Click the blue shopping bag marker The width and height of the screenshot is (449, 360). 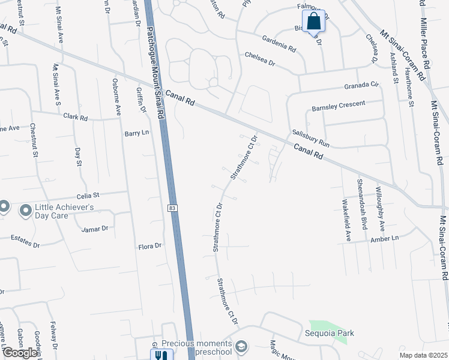(314, 22)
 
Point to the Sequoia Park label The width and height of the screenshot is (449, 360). (328, 333)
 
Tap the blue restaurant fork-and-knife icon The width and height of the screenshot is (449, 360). (160, 355)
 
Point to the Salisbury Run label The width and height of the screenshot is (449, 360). (312, 139)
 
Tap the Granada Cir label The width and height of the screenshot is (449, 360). (363, 86)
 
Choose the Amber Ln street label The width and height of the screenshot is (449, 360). (385, 239)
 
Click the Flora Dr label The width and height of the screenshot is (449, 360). (150, 246)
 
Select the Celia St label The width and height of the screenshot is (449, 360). (88, 195)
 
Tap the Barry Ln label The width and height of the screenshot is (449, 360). (136, 133)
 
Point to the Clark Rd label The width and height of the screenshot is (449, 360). (76, 117)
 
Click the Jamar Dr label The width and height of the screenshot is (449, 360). (95, 229)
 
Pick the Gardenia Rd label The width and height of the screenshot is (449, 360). (279, 44)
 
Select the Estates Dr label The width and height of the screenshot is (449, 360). (26, 245)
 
